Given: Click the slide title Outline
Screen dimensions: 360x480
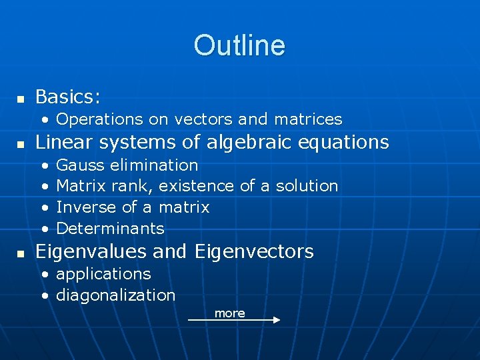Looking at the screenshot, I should pos(239,45).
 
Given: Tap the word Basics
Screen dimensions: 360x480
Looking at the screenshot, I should pos(67,97).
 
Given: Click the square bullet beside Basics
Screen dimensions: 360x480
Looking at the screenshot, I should pos(21,99).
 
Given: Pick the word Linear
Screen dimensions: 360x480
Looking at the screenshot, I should pos(62,142).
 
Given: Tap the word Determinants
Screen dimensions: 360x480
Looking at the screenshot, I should pos(110,229).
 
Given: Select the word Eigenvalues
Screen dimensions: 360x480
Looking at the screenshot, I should pos(91,252).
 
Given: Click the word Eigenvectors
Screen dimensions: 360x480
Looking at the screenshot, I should pos(254,252).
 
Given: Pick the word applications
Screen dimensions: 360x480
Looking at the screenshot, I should pos(103,274).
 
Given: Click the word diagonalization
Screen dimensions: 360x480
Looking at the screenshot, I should pos(115,295).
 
